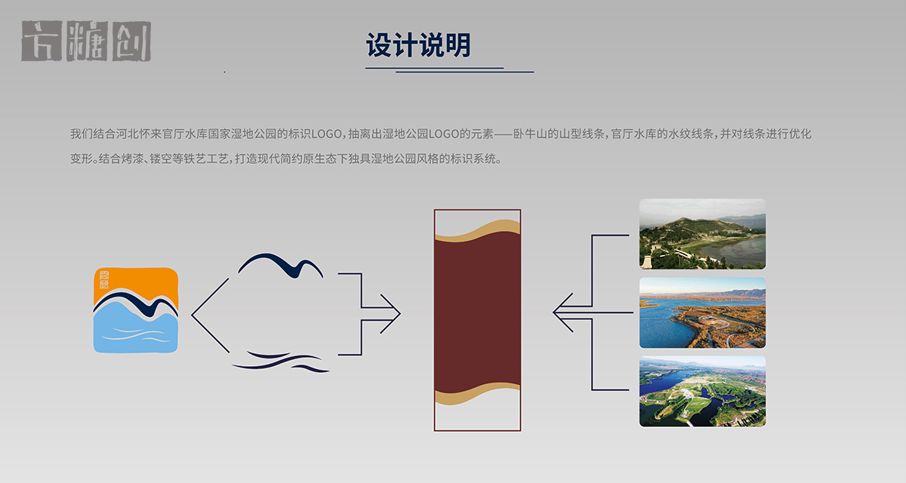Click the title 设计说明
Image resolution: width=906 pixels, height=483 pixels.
pos(418,45)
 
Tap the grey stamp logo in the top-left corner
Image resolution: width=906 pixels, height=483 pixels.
pos(86,42)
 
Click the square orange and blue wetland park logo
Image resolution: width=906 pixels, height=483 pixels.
pos(136,310)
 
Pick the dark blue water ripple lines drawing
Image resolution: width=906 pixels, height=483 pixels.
pos(281,361)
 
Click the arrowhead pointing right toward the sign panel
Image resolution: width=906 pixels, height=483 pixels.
pos(391,313)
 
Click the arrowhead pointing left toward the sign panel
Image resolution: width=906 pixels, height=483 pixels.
pos(562,312)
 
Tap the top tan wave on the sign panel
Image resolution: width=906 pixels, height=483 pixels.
pos(477,229)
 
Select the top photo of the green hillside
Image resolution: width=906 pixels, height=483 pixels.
pos(702,234)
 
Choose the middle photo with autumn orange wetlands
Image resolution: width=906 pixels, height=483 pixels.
pos(702,312)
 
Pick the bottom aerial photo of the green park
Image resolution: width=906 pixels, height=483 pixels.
pos(702,391)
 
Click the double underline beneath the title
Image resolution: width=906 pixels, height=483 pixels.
pos(450,69)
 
